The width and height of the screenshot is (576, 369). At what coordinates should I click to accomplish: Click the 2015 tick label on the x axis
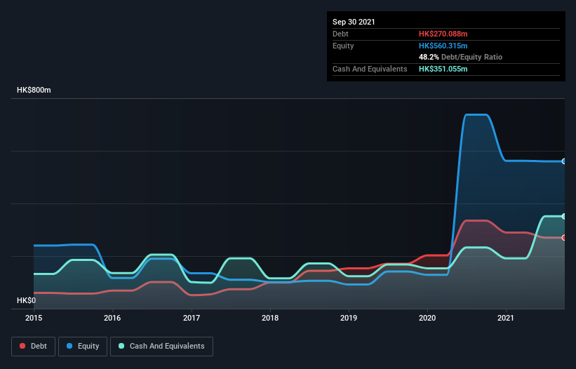[x=34, y=318]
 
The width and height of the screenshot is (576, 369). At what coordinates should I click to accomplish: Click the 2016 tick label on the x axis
[x=112, y=318]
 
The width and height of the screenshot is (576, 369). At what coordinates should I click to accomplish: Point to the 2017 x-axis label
[x=192, y=318]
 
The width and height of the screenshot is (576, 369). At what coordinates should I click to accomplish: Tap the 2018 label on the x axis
[x=270, y=318]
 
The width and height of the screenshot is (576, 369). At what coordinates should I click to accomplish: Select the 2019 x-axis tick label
[x=349, y=318]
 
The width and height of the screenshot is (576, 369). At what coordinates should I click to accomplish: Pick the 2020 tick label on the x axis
[x=428, y=318]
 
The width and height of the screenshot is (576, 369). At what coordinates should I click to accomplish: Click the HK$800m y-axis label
[x=34, y=90]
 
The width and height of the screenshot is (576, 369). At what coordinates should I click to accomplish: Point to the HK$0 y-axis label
[x=26, y=300]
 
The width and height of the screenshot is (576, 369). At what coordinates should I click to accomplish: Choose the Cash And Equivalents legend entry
[x=161, y=347]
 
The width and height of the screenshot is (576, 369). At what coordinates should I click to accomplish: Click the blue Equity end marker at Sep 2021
[x=564, y=161]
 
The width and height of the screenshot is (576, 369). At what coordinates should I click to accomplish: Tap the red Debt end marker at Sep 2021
[x=564, y=238]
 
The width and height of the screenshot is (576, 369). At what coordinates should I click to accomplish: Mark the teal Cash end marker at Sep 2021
[x=564, y=216]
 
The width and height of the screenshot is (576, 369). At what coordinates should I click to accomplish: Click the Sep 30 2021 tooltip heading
[x=354, y=22]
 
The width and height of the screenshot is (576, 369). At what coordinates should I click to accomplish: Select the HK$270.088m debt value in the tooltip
[x=443, y=34]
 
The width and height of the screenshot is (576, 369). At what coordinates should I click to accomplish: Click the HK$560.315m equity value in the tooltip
[x=443, y=46]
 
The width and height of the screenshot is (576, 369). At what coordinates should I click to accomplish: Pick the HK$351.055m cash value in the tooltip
[x=443, y=69]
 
